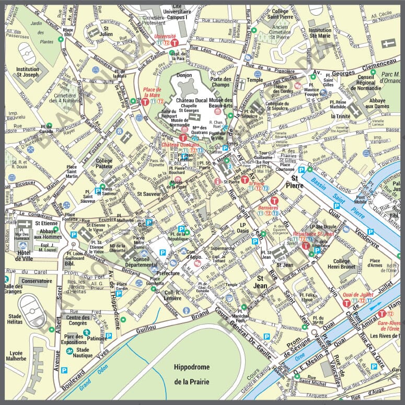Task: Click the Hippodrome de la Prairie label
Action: tap(192, 374)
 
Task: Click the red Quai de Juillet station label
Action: tap(357, 294)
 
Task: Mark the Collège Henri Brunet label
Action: tap(341, 264)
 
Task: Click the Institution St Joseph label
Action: tap(28, 72)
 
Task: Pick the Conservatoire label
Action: tap(37, 281)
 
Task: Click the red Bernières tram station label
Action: tap(268, 207)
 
